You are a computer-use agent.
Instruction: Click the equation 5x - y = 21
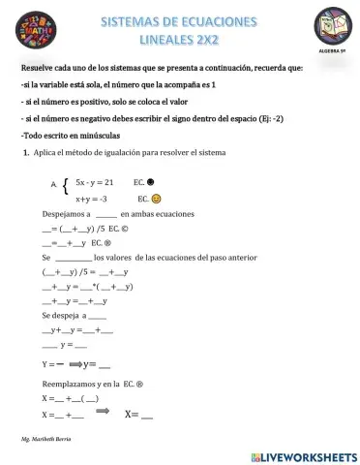pos(95,182)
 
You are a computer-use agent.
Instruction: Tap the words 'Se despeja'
pos(61,316)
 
